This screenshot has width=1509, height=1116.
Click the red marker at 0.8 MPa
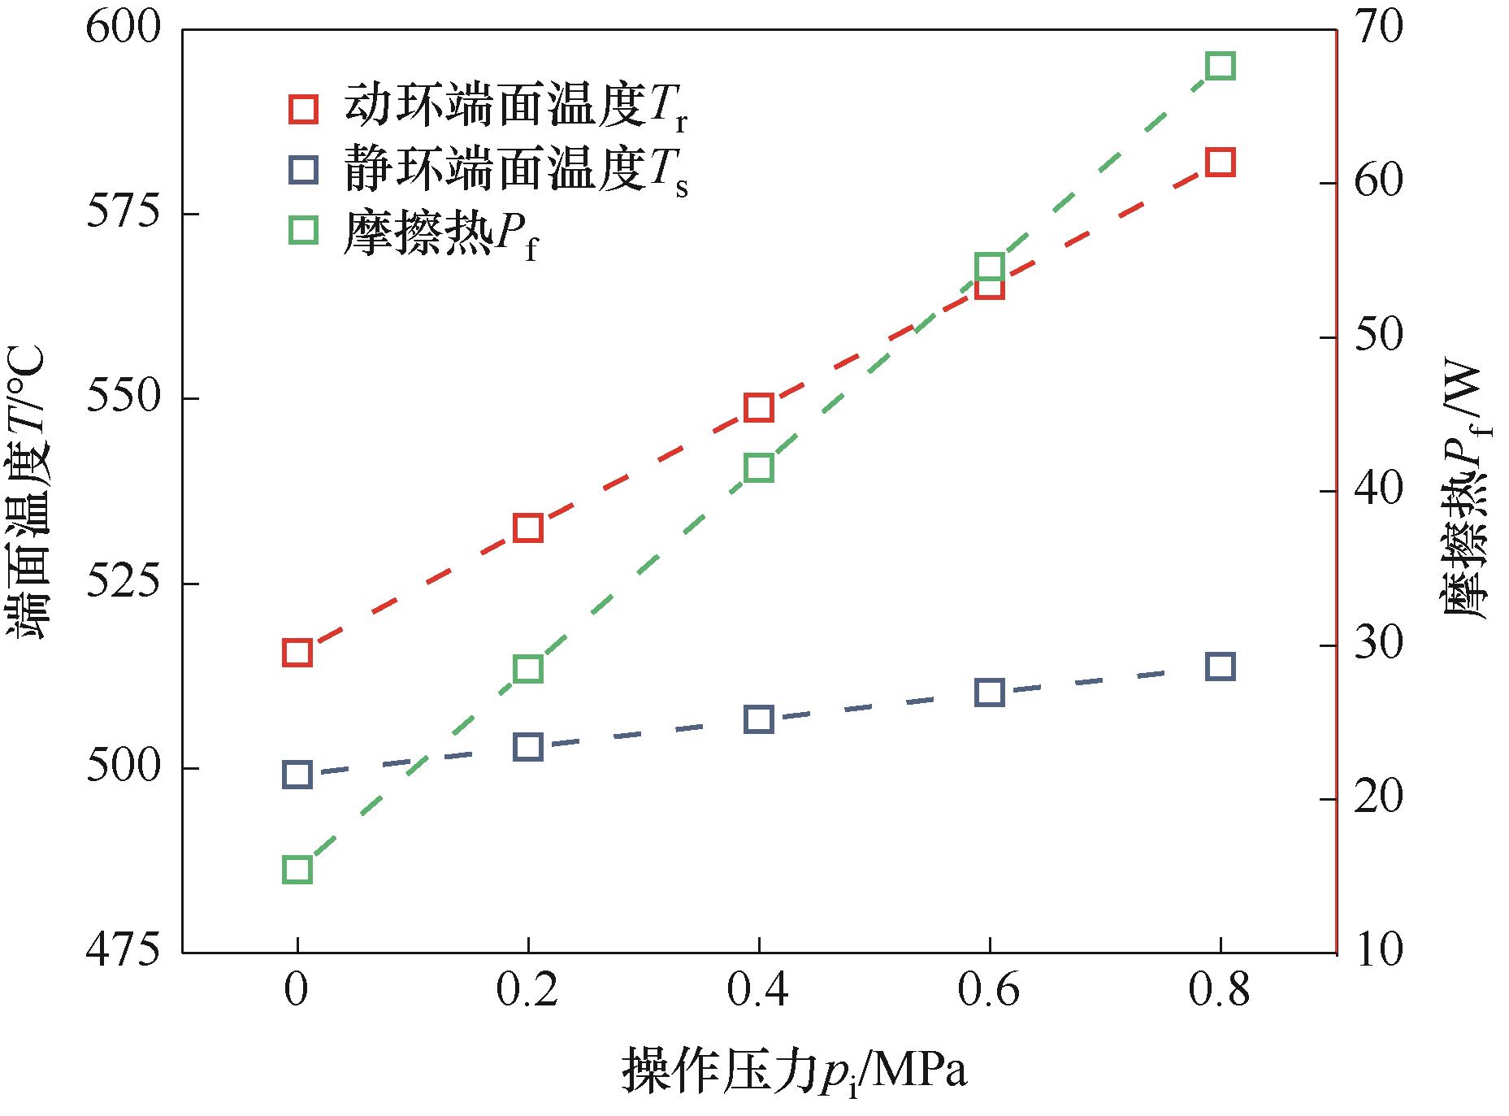click(1220, 163)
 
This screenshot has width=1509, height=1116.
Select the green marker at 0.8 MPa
click(1220, 66)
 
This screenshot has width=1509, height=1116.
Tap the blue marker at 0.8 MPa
click(1220, 667)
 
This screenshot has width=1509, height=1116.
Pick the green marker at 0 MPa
click(297, 870)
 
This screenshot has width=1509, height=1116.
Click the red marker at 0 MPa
click(297, 653)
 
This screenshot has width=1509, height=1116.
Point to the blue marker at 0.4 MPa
click(758, 719)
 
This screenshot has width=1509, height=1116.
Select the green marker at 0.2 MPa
click(528, 669)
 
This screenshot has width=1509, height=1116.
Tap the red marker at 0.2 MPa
click(528, 528)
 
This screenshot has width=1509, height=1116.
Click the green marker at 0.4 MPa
click(758, 468)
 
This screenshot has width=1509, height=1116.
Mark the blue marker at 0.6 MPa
click(989, 693)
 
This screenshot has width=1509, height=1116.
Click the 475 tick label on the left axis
click(124, 952)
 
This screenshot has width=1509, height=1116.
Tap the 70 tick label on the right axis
click(1377, 29)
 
